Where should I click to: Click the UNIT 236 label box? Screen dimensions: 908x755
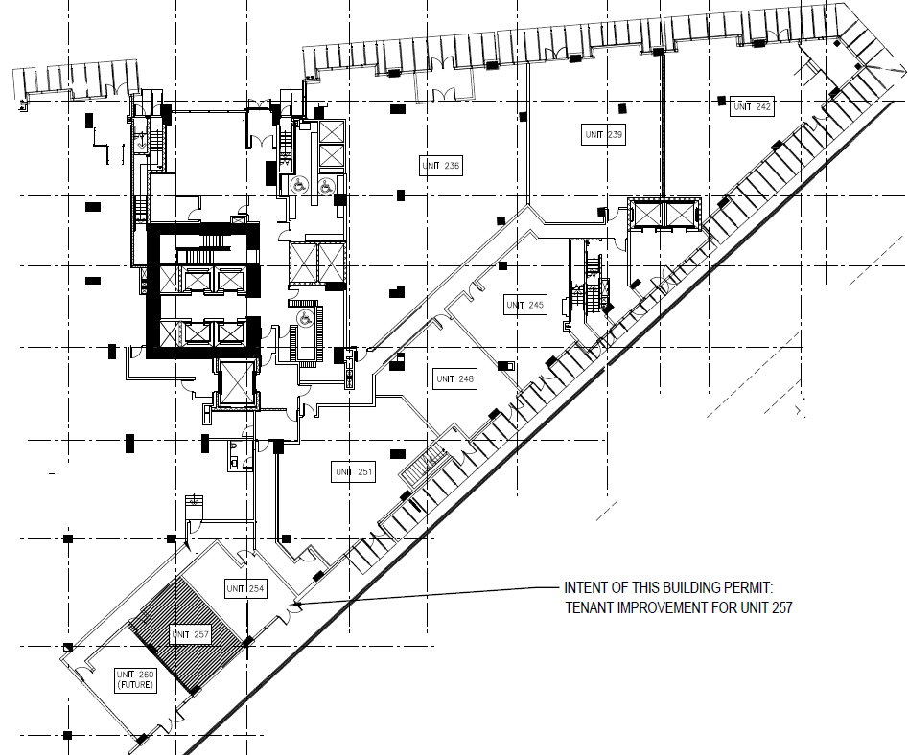click(441, 166)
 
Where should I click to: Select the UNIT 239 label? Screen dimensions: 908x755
click(603, 134)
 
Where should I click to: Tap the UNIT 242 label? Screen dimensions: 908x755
click(753, 106)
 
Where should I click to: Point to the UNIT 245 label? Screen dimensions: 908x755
click(525, 305)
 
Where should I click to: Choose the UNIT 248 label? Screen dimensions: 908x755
click(454, 379)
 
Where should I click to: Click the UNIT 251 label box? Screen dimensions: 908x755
click(354, 471)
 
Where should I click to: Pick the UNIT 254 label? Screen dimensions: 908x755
click(244, 589)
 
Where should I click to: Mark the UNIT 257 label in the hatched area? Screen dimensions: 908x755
click(190, 634)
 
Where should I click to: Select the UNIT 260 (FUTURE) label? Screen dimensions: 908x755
click(135, 680)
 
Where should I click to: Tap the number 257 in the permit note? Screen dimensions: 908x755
click(781, 608)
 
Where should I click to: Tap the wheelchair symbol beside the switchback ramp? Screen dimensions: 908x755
click(303, 318)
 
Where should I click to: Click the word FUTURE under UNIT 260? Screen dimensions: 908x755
click(135, 685)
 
